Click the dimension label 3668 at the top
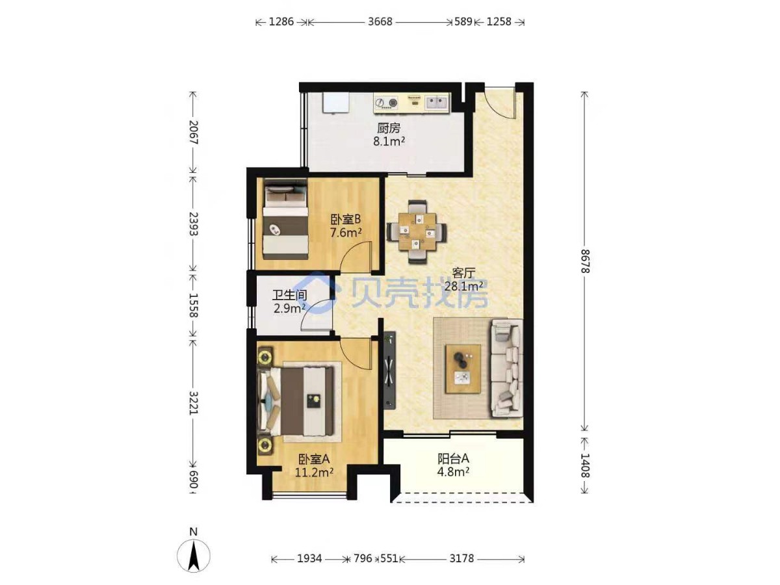tap(380, 22)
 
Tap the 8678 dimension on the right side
tap(584, 261)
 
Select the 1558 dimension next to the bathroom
tap(192, 305)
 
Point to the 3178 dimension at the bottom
tap(461, 559)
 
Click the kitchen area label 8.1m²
tap(389, 142)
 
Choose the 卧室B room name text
tap(345, 219)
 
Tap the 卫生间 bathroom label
tap(290, 295)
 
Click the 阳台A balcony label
tap(453, 459)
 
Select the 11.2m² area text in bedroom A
tap(314, 473)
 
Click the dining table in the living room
tap(417, 232)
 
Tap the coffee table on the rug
tap(463, 369)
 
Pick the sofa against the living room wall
tap(506, 368)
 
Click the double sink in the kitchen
tap(436, 103)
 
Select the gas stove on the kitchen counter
tap(387, 103)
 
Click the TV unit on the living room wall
tap(390, 370)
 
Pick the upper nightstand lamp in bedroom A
tap(265, 357)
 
